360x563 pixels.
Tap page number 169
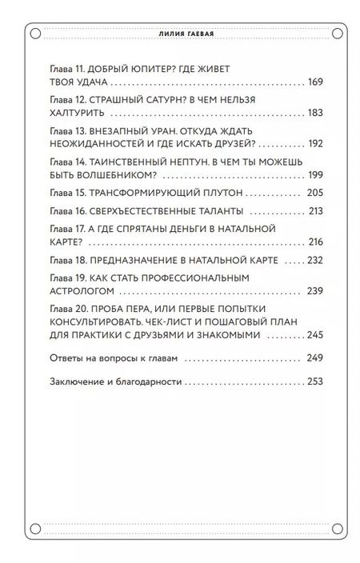click(314, 82)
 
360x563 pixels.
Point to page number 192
click(314, 144)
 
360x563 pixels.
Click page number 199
click(314, 174)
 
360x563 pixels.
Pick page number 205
click(314, 194)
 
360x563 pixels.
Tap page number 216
click(314, 242)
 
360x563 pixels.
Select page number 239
click(314, 290)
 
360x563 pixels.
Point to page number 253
click(314, 382)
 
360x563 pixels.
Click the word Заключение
click(76, 382)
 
